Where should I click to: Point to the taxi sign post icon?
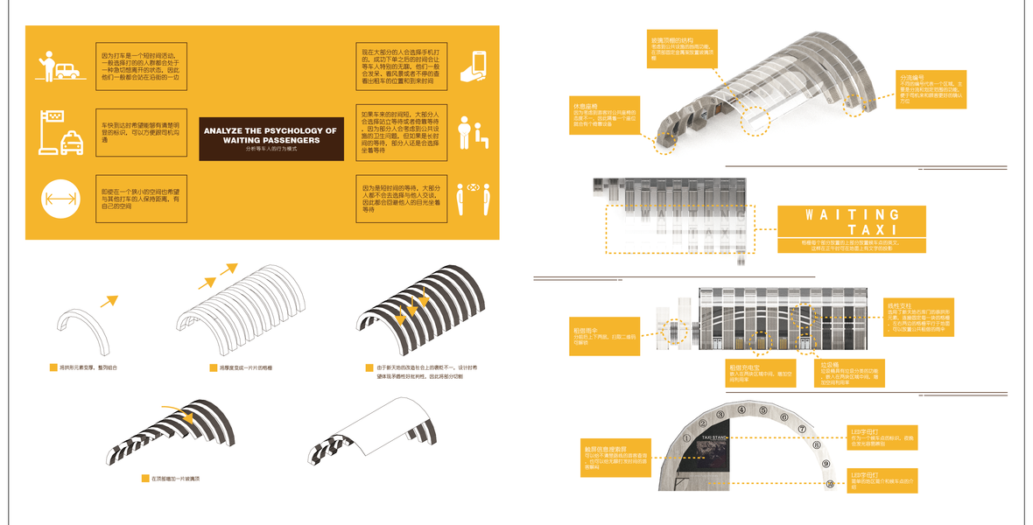pyautogui.click(x=60, y=132)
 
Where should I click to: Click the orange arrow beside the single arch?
pyautogui.click(x=110, y=303)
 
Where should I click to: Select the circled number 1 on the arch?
pyautogui.click(x=686, y=439)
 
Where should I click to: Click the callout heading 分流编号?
pyautogui.click(x=912, y=77)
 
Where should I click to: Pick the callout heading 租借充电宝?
pyautogui.click(x=745, y=367)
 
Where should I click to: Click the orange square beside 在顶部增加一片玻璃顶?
pyautogui.click(x=145, y=479)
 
